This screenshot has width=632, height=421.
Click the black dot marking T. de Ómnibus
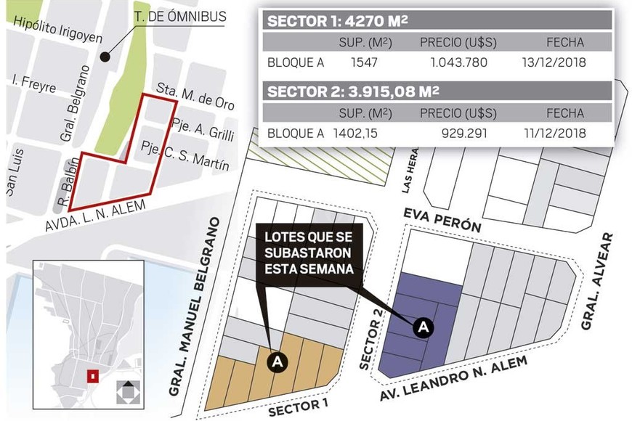105,55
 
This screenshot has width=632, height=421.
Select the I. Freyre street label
34,86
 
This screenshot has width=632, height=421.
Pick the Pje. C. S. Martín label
185,154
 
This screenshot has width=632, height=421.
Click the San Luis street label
15,172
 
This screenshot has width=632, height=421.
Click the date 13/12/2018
554,62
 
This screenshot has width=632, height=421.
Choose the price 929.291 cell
464,133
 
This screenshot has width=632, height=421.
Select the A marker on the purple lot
424,328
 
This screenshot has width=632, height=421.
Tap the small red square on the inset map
92,376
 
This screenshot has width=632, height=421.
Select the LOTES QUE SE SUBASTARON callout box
309,253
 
